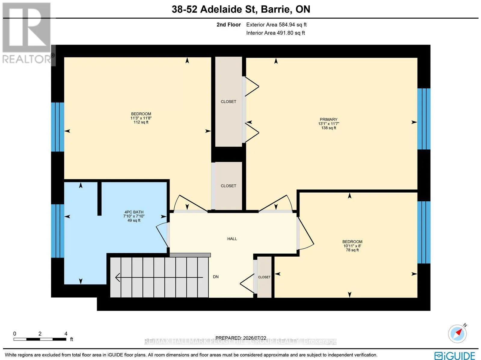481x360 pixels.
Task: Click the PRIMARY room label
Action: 328,119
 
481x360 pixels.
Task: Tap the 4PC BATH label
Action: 134,212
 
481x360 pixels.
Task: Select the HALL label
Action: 232,239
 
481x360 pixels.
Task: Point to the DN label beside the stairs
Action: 216,277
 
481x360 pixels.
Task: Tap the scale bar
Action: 40,339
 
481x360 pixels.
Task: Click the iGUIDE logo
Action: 455,355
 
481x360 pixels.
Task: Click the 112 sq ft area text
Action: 141,122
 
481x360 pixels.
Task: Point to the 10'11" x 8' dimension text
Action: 352,246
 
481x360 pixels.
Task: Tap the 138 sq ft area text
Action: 329,128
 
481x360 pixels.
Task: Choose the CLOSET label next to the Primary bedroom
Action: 228,102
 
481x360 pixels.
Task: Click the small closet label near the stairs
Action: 264,277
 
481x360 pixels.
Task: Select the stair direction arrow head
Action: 118,277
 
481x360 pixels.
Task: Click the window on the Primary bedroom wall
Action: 424,119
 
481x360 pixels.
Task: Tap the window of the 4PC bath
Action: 58,231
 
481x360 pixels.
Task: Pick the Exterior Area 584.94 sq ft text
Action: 276,25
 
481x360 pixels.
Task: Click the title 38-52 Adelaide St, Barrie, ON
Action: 241,9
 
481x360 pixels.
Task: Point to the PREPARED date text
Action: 241,338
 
